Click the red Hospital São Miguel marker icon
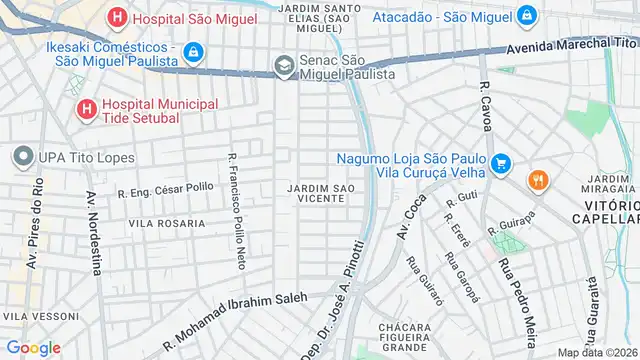118,17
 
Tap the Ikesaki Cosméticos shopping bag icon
194,50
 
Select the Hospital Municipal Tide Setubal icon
86,108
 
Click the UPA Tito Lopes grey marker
22,157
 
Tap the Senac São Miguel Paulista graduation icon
284,66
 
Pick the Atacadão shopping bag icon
526,16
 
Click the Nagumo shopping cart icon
501,161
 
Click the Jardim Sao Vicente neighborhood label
320,194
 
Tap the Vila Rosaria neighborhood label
167,223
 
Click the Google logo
33,347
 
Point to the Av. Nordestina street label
93,232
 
